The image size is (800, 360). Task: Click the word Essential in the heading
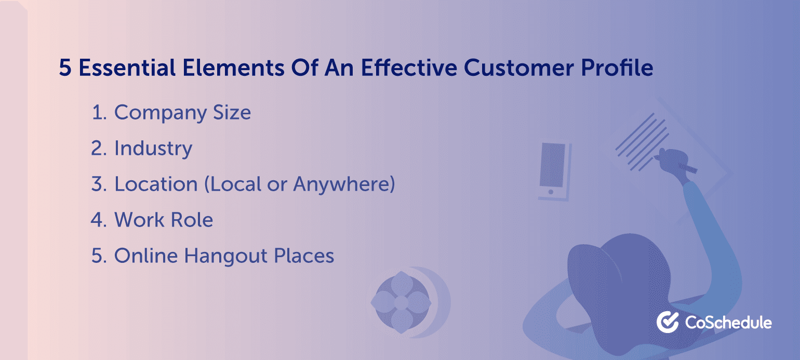tap(127, 68)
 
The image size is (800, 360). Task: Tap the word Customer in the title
tap(519, 68)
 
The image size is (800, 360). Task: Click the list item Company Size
tap(182, 113)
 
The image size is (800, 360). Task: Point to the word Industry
tap(153, 149)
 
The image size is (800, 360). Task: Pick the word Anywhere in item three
tap(344, 184)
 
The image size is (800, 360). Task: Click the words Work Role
tap(164, 220)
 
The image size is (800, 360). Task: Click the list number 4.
tap(99, 220)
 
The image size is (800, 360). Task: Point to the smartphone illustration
tap(555, 171)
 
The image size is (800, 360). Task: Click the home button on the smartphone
tap(551, 192)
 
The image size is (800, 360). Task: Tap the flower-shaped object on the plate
tap(401, 302)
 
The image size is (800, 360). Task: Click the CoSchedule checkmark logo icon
tap(668, 322)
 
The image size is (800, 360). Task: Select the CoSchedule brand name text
tap(728, 323)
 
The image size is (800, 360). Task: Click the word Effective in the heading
tap(409, 68)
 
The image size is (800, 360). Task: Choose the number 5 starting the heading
tap(65, 68)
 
